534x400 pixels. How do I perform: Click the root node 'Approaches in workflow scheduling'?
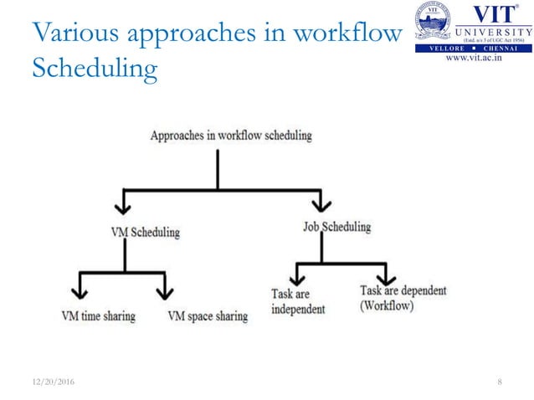click(230, 135)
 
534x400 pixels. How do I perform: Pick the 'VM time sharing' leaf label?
click(98, 316)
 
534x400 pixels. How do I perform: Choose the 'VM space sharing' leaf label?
click(207, 316)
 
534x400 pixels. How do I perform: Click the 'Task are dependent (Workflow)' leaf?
click(403, 298)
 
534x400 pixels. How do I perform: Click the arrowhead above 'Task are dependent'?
click(386, 274)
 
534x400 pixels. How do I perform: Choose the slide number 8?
click(500, 382)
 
